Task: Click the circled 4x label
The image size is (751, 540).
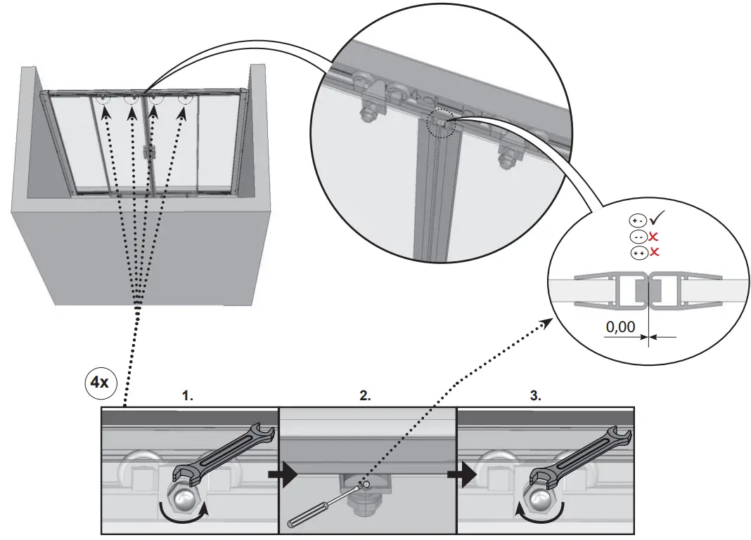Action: [x=96, y=383]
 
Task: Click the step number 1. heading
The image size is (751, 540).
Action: [x=188, y=396]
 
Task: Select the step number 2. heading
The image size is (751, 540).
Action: [x=365, y=396]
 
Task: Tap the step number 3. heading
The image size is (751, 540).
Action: [x=536, y=396]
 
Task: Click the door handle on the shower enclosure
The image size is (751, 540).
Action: [x=146, y=151]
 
